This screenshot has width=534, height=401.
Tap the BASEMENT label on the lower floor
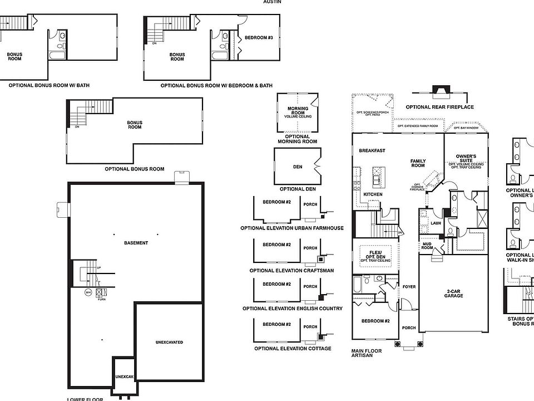click(x=136, y=243)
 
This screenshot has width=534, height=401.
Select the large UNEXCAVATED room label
click(x=170, y=342)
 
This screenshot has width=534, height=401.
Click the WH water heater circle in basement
click(x=88, y=292)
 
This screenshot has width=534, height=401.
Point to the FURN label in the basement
click(x=102, y=300)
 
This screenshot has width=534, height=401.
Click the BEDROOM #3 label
click(x=259, y=38)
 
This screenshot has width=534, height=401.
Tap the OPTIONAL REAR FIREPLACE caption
click(x=439, y=107)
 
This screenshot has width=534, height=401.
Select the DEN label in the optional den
click(x=298, y=167)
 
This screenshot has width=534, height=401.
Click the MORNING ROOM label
click(x=298, y=111)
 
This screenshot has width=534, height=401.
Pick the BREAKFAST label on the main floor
click(x=372, y=151)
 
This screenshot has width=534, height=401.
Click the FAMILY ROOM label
click(x=418, y=163)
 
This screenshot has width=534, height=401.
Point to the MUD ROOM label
click(x=427, y=246)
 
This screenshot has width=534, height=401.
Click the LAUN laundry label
click(x=436, y=223)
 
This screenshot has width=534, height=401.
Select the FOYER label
click(x=409, y=287)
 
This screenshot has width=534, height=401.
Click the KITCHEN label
click(x=372, y=194)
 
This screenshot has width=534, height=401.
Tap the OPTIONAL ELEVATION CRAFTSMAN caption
click(x=291, y=271)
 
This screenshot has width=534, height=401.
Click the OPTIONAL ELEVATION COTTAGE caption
click(x=292, y=349)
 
